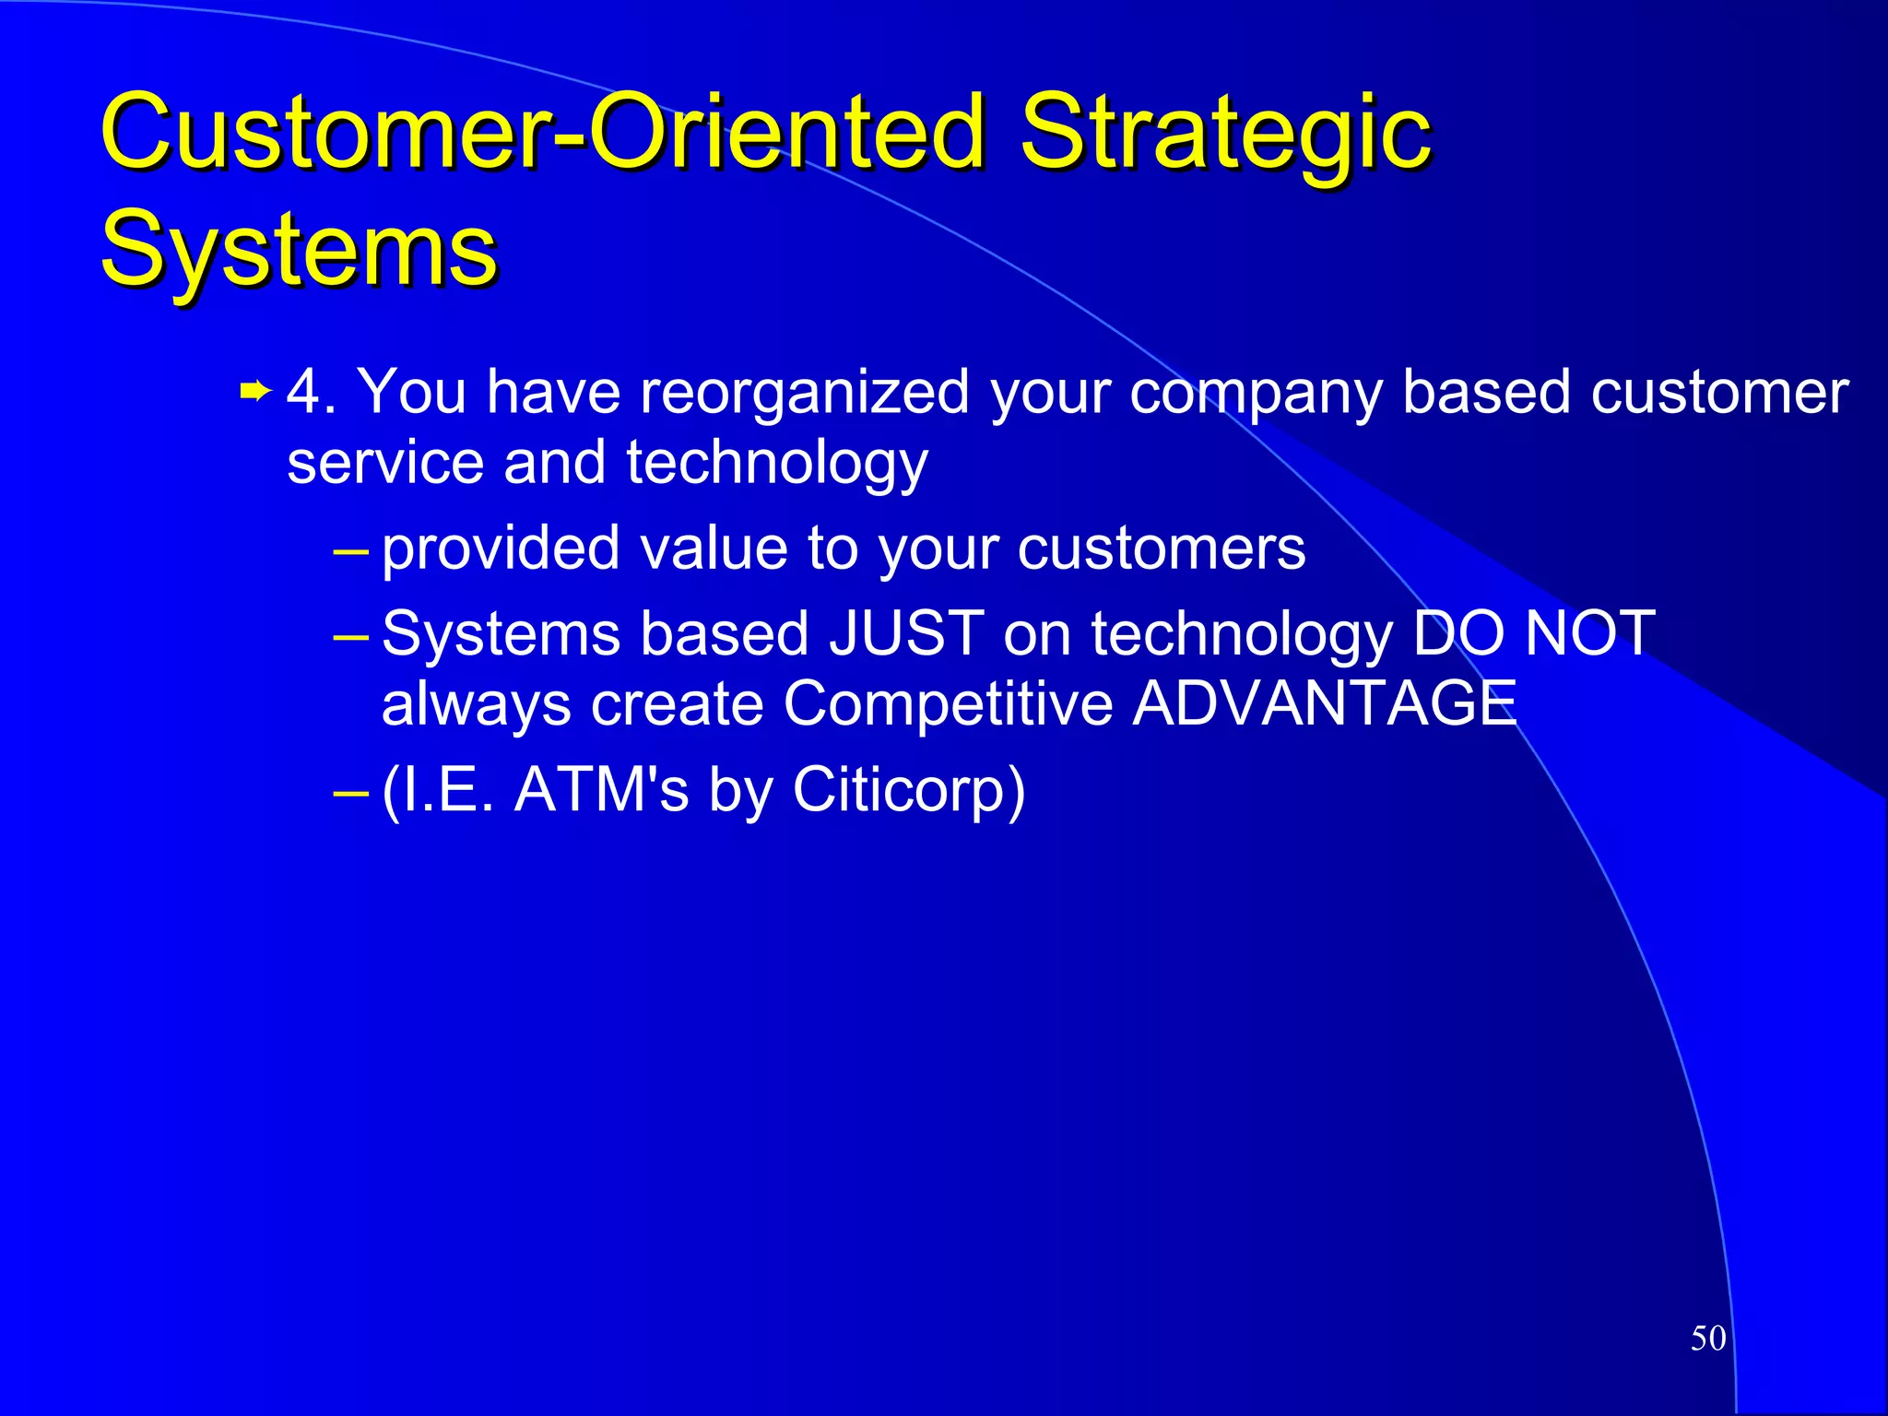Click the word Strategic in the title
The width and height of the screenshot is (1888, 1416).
click(1226, 134)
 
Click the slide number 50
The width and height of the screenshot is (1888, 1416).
click(1707, 1338)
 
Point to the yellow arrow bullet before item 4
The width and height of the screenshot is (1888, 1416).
click(254, 393)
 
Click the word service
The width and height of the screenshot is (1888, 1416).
click(385, 462)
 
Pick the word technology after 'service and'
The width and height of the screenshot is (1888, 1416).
click(776, 464)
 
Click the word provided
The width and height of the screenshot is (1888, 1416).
click(501, 549)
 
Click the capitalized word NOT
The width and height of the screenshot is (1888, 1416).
click(1589, 634)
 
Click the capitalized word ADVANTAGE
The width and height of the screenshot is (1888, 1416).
click(1325, 704)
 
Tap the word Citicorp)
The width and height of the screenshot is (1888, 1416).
click(908, 790)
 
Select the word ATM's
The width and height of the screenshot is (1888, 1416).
click(601, 790)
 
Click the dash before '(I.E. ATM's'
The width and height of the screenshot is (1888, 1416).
click(350, 791)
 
